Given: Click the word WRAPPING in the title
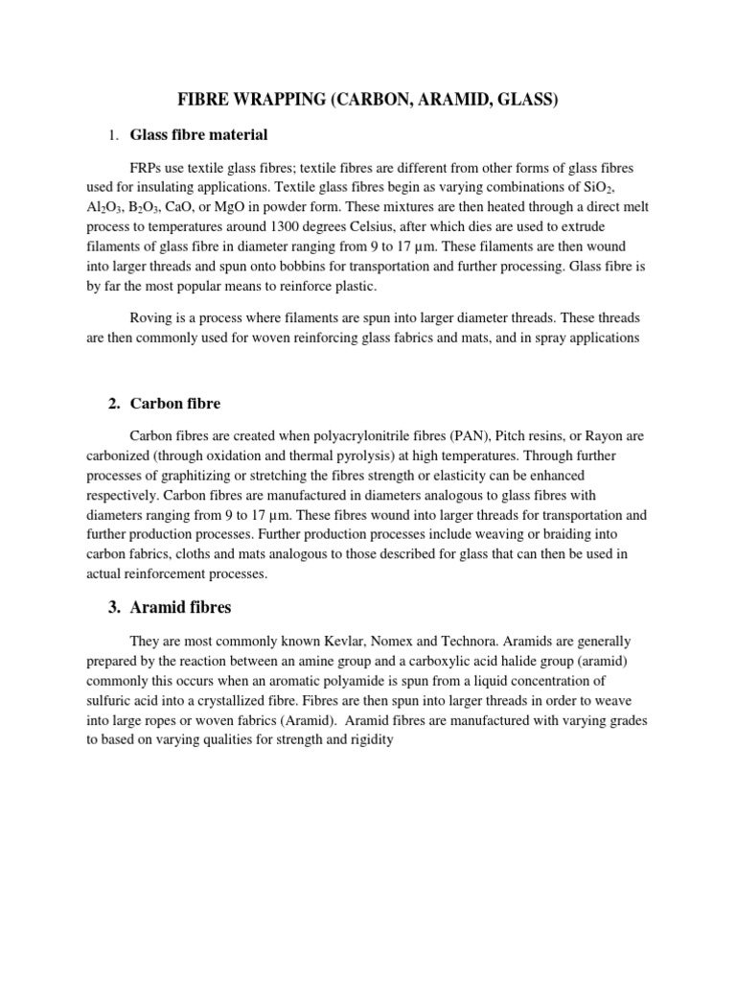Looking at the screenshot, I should [280, 101].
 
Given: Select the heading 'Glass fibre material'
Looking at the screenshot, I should [198, 134].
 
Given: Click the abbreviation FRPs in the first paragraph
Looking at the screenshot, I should [148, 168].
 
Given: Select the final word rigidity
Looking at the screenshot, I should [368, 741].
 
